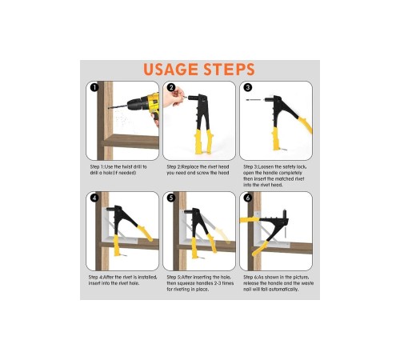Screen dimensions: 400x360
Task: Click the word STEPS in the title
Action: (x=230, y=70)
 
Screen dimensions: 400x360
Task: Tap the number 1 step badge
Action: (x=94, y=87)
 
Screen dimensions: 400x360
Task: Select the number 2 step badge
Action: (x=171, y=87)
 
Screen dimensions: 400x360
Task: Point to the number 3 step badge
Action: (x=248, y=87)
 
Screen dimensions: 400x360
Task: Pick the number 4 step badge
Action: (x=94, y=198)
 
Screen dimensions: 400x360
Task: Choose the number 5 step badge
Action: (x=171, y=198)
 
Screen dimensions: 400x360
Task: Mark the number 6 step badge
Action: (x=248, y=198)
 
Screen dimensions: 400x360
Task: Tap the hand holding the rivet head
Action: (x=174, y=97)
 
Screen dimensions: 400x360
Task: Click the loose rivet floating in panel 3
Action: (x=254, y=100)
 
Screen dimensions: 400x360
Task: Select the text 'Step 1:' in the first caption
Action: (x=97, y=167)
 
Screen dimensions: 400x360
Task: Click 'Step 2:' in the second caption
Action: (x=174, y=167)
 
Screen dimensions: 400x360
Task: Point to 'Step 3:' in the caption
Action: (x=250, y=167)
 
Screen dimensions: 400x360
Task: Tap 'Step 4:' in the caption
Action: (x=95, y=278)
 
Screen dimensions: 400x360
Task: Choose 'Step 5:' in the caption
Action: (x=174, y=278)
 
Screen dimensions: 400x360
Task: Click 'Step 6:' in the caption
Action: (x=250, y=278)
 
